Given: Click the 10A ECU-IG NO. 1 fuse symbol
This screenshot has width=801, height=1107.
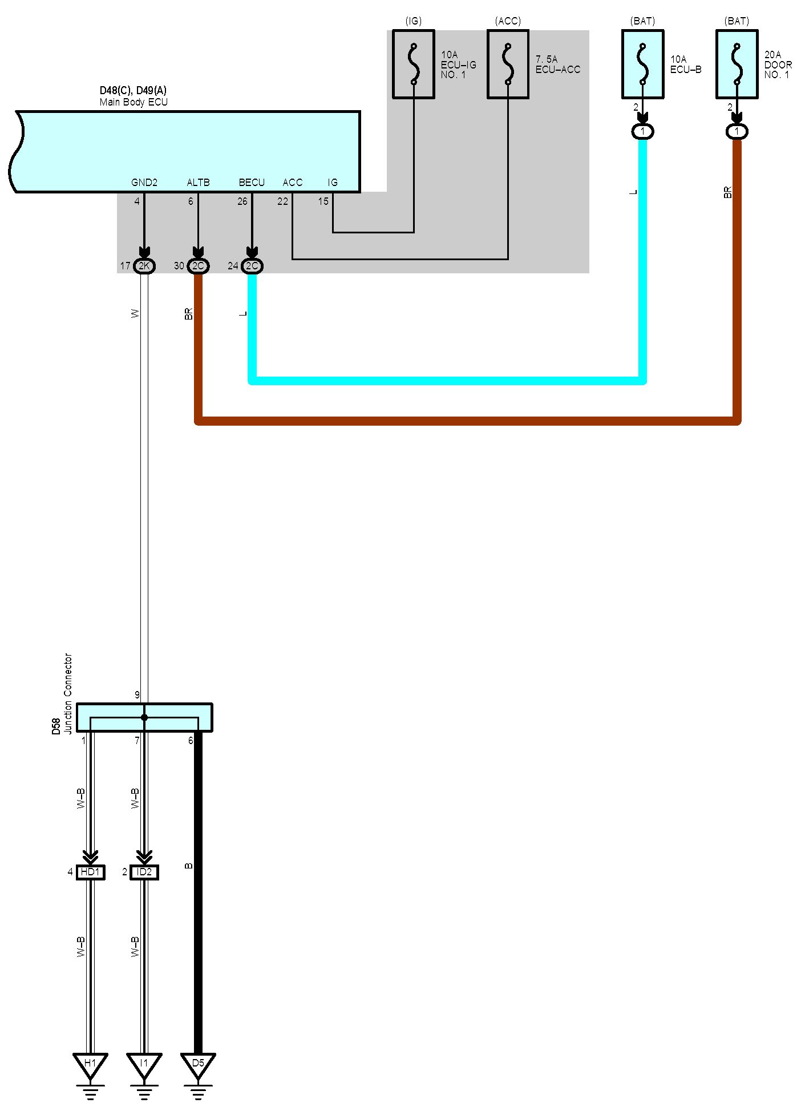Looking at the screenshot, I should (414, 64).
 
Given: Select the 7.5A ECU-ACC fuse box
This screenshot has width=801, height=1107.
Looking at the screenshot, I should (508, 64).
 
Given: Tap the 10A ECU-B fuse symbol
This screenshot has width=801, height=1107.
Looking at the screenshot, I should (642, 64).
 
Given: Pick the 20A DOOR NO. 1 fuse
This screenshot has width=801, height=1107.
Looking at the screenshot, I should (737, 64).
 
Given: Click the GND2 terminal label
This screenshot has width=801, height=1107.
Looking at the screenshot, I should (144, 183).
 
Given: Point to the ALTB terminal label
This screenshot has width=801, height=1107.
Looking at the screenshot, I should (198, 183).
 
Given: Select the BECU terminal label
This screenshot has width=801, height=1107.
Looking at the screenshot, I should (252, 183).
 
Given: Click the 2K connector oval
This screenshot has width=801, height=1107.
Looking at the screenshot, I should (144, 266).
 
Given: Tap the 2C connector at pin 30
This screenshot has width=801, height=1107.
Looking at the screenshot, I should (198, 266).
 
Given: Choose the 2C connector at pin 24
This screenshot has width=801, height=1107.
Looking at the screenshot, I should (252, 266).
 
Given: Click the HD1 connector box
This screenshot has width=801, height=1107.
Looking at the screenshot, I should (90, 872).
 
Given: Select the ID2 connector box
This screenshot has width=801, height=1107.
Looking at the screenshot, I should (144, 872).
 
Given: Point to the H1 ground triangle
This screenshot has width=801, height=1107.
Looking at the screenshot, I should (90, 1064).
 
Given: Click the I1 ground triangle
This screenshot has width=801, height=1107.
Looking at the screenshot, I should (144, 1064).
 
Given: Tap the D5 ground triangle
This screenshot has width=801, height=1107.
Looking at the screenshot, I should (198, 1064).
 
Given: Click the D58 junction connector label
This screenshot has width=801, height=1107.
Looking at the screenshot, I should (56, 726).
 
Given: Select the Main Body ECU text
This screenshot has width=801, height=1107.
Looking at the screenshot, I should (133, 102).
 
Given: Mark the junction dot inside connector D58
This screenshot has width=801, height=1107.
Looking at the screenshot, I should (144, 717).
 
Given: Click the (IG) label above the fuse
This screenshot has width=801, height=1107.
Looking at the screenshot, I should (413, 21).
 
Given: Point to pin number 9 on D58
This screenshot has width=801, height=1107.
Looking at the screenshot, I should (137, 695).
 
